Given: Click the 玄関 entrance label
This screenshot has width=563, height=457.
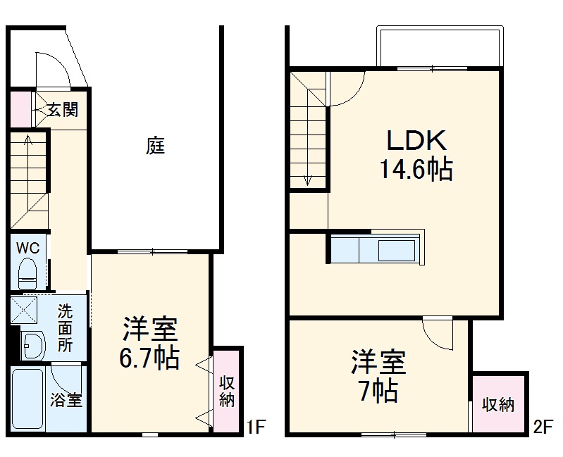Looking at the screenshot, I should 62,110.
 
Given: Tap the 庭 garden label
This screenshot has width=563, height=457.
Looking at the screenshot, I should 156,146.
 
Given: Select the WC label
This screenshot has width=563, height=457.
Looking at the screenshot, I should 28,248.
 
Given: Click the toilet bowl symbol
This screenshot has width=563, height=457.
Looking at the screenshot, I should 29,271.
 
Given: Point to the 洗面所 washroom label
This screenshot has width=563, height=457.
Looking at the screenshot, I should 65,327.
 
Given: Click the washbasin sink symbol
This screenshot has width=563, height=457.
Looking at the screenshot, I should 32,345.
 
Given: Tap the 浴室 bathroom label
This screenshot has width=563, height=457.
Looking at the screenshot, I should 66,401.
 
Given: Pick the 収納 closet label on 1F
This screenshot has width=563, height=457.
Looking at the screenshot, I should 227,392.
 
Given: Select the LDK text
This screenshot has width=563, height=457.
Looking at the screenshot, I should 416,141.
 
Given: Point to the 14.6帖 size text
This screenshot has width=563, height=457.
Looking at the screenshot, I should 416,170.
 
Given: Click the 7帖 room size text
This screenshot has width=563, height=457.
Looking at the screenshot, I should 378,391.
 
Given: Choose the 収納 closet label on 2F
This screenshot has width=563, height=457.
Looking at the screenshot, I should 499,405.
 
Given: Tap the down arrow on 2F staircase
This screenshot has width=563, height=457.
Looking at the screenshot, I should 308,179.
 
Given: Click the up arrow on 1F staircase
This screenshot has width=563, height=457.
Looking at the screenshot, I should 27,142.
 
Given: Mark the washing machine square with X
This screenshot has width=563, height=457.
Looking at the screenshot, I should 25,309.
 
